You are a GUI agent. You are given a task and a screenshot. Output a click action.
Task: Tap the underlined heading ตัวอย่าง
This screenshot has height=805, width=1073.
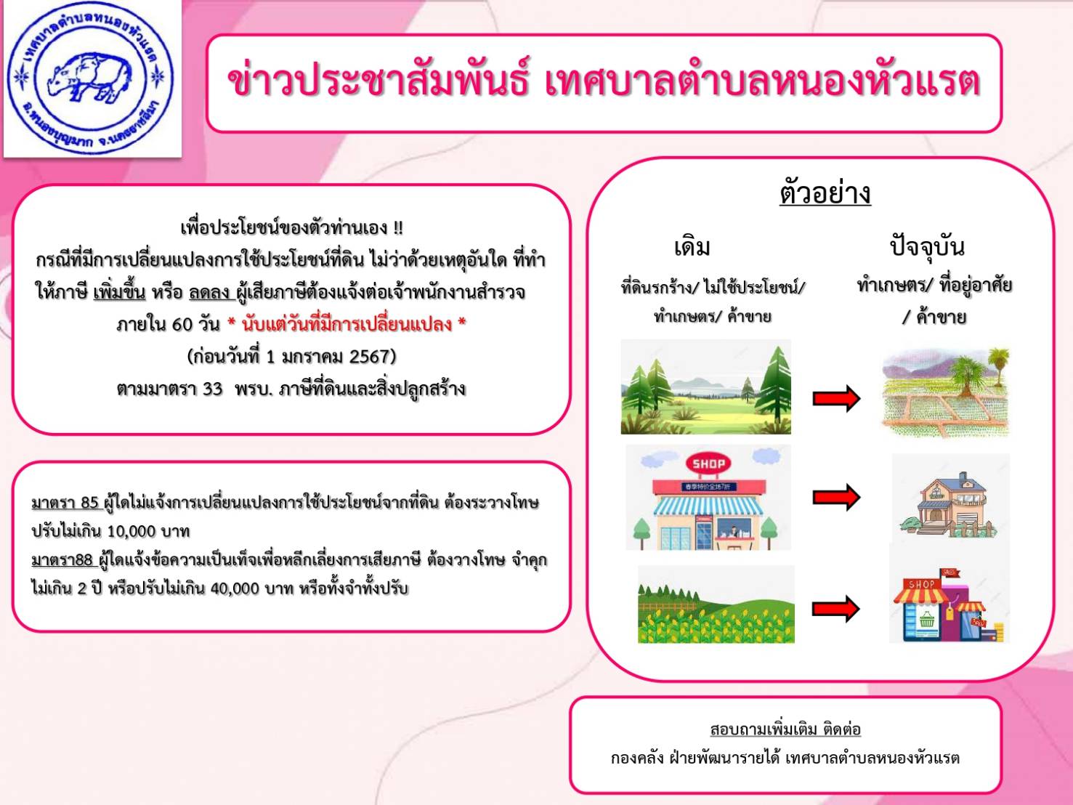tap(825, 193)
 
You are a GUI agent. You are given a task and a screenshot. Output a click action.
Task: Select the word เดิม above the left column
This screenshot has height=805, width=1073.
tap(692, 247)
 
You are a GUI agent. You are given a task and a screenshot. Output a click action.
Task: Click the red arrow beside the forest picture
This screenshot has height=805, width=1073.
tap(836, 399)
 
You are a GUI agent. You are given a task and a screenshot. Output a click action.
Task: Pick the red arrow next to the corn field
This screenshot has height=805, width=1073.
tap(836, 609)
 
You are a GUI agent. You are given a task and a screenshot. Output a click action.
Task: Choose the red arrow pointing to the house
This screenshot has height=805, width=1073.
tap(836, 498)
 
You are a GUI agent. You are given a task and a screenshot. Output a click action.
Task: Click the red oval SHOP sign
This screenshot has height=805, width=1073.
tap(708, 464)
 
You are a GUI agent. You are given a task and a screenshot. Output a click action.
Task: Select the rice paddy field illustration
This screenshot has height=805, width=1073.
tap(946, 392)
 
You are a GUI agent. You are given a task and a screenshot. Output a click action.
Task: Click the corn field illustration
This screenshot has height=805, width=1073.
tap(716, 604)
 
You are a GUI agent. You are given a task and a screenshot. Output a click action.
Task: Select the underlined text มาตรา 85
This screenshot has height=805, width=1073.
tap(65, 503)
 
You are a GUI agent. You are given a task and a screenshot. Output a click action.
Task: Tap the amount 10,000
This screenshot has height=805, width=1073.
tap(131, 531)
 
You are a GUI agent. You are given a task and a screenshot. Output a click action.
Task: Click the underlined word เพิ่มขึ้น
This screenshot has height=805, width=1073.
tap(119, 292)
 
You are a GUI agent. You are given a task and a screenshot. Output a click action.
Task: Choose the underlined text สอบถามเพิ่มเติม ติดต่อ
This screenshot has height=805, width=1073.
tap(785, 729)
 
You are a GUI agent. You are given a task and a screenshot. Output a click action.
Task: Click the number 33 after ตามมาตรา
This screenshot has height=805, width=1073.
tap(213, 389)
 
